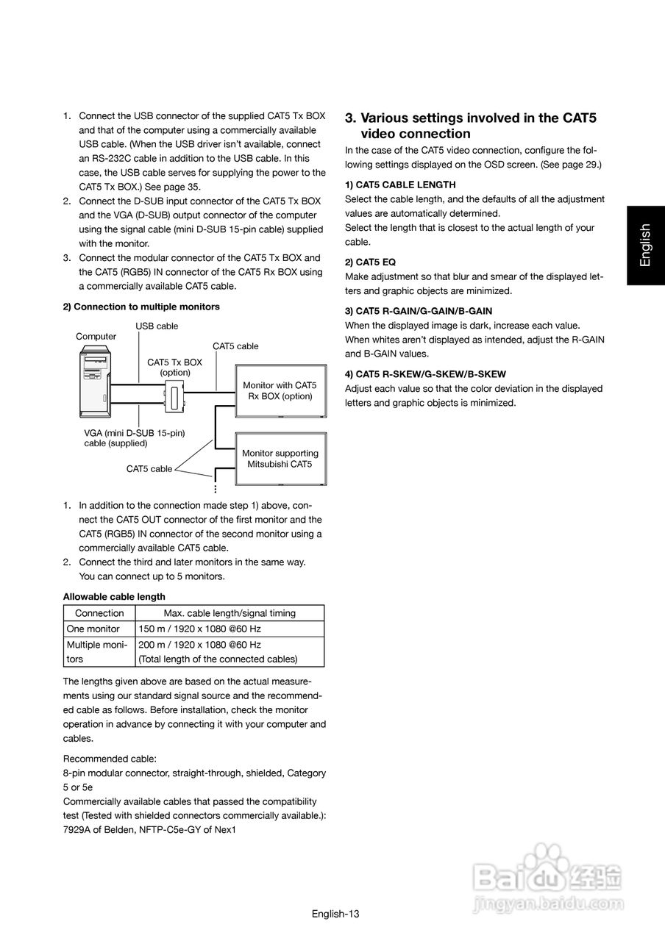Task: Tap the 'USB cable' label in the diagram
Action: (157, 326)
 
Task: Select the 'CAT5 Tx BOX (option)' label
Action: (174, 368)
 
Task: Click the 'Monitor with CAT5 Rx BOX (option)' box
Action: (280, 390)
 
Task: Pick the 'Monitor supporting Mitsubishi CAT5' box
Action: (280, 459)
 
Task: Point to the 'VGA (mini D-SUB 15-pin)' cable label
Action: (134, 433)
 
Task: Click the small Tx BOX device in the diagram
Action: (174, 397)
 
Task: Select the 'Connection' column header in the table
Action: (99, 613)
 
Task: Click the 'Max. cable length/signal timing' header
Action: (229, 613)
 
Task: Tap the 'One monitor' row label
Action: (93, 629)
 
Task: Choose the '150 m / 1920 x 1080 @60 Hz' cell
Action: (199, 629)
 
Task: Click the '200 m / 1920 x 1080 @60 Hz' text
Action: (199, 645)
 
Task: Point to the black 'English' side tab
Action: (645, 245)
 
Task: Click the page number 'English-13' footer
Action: (335, 914)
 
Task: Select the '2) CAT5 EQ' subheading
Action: (370, 262)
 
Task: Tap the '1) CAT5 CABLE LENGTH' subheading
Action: (400, 185)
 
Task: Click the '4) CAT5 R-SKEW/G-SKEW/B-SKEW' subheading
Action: (425, 374)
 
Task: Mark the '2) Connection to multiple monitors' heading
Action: (141, 307)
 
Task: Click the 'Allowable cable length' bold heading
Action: (114, 596)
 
